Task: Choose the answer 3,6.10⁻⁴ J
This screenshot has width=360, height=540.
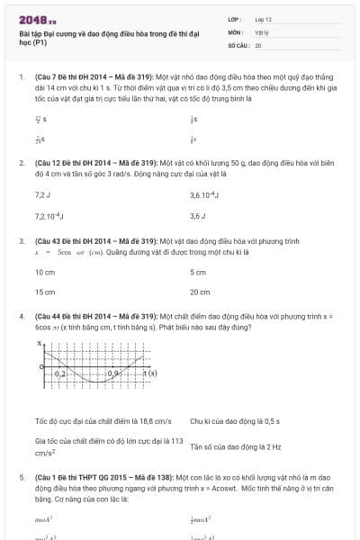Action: click(205, 194)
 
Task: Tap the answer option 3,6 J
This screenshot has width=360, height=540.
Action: click(198, 216)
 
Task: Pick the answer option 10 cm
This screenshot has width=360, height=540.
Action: click(45, 271)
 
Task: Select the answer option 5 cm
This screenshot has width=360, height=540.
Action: click(198, 271)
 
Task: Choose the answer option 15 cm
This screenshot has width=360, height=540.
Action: click(45, 292)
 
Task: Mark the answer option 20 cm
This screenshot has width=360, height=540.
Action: click(200, 292)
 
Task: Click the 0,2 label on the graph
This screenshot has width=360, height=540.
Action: click(61, 373)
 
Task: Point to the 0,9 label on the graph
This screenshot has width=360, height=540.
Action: click(114, 373)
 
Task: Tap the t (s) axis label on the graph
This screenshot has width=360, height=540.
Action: click(149, 373)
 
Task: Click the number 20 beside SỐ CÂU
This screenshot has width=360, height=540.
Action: click(258, 44)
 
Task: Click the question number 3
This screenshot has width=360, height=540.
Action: click(22, 241)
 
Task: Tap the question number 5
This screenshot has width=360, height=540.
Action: click(22, 476)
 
